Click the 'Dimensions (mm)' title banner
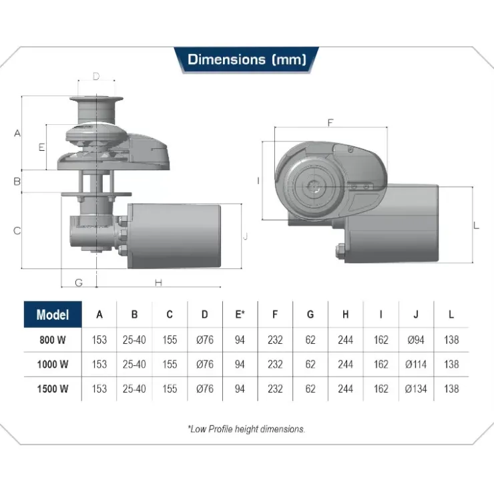click(x=246, y=60)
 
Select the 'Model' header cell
click(x=53, y=314)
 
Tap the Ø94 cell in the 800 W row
click(x=416, y=340)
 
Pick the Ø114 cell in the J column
click(x=416, y=364)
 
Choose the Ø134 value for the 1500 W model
click(x=416, y=389)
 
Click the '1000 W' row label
click(x=53, y=364)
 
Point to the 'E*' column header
click(x=240, y=314)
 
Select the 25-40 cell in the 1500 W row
click(x=134, y=389)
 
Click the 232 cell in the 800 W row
click(x=275, y=340)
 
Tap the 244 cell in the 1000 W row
click(x=345, y=364)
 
